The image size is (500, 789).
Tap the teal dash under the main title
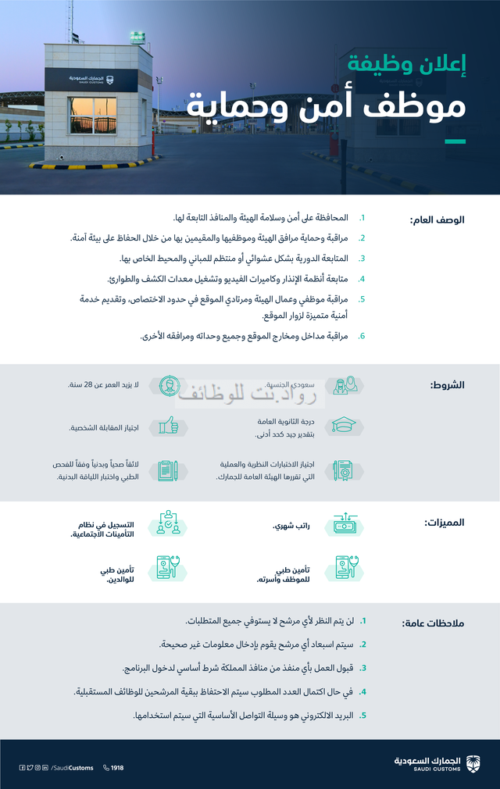pyautogui.click(x=455, y=141)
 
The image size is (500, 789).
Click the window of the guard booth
pyautogui.click(x=92, y=116)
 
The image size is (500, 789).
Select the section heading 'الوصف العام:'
pyautogui.click(x=437, y=220)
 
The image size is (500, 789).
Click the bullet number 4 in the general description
pyautogui.click(x=362, y=278)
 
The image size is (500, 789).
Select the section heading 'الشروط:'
pyautogui.click(x=448, y=386)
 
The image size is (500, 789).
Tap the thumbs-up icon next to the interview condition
pyautogui.click(x=168, y=425)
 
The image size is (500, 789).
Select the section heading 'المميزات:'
pyautogui.click(x=444, y=523)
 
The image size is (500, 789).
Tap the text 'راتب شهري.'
pyautogui.click(x=291, y=527)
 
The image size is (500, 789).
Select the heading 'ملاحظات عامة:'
pyautogui.click(x=433, y=623)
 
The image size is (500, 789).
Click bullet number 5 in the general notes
pyautogui.click(x=362, y=714)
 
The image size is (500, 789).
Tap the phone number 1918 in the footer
pyautogui.click(x=114, y=768)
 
